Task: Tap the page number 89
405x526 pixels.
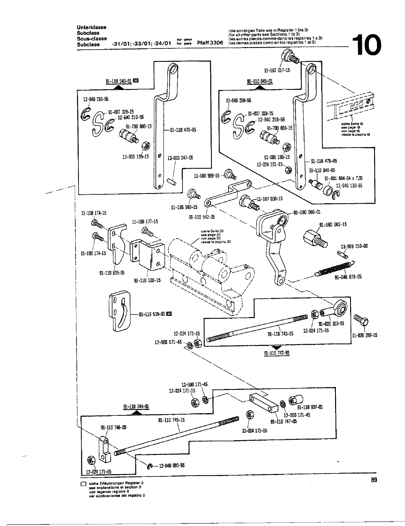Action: [375, 480]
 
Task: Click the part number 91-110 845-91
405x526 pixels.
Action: [259, 81]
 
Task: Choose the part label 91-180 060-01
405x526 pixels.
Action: [307, 212]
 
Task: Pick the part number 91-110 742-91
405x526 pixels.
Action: [277, 353]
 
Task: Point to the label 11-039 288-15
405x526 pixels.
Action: [364, 335]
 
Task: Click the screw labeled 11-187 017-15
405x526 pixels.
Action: [292, 57]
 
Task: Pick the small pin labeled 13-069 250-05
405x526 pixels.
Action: [342, 254]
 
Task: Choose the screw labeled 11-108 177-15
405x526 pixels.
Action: [146, 233]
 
